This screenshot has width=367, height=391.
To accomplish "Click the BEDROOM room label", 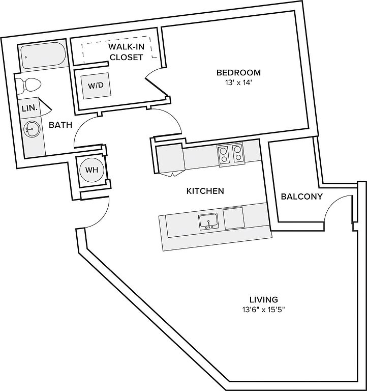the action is click(238, 73).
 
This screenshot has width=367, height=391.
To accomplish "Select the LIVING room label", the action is click(264, 299).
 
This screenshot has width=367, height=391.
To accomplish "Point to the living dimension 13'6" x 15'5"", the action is click(264, 310).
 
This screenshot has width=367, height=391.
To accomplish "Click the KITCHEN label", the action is click(205, 191).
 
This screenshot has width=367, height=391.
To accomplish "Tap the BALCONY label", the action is click(301, 197).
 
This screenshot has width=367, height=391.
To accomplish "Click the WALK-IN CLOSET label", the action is click(126, 52).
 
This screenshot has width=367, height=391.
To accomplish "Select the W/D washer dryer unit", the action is click(96, 86).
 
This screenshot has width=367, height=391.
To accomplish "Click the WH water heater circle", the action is click(92, 170).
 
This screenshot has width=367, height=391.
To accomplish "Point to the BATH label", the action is click(60, 125).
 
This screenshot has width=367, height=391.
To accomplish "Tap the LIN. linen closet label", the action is click(29, 108).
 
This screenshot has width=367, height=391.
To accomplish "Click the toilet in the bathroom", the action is click(28, 85).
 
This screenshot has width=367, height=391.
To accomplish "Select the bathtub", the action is click(43, 55).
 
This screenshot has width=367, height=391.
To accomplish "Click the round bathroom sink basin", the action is click(32, 129).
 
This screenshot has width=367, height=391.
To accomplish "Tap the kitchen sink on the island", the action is click(208, 221).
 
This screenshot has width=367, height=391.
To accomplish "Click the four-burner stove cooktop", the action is click(230, 154).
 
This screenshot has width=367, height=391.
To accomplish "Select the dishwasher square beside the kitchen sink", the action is click(233, 218).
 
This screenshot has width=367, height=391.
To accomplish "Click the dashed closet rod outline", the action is click(117, 48).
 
